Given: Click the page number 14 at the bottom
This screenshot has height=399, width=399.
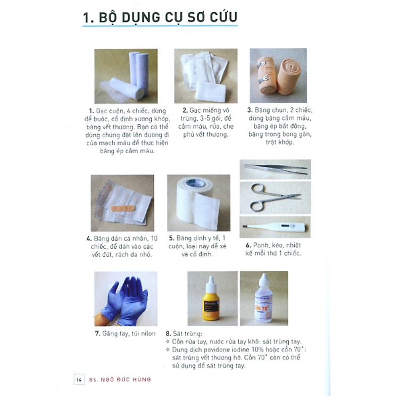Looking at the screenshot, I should point(79,379).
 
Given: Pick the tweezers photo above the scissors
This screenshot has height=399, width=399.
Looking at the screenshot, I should point(275,169).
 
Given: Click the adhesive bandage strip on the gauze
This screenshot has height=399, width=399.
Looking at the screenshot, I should point(123,205).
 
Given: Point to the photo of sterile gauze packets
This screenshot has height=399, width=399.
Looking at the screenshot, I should point(205,76).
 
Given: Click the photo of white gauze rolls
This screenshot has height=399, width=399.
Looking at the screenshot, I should point(127,76).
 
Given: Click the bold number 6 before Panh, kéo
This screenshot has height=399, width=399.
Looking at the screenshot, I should point(248,246).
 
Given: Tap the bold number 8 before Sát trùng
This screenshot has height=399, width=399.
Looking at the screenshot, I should point(168,334).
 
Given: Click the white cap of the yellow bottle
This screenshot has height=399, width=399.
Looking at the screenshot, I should point(211,281).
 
